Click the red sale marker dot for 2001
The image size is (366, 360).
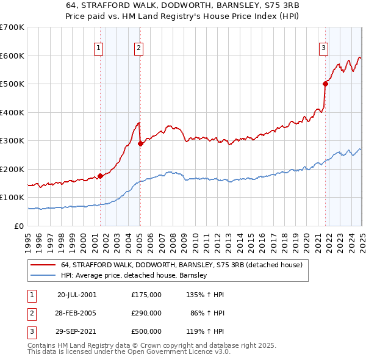click(100, 176)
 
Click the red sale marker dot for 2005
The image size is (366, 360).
click(140, 143)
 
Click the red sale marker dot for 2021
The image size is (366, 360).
click(325, 84)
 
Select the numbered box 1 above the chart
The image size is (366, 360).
click(99, 48)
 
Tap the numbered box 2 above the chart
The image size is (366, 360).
click(139, 48)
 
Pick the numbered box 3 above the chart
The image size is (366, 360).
click(324, 48)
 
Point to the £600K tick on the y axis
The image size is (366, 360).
click(12, 56)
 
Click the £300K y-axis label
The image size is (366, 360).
click(12, 140)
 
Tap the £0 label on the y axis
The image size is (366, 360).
click(18, 226)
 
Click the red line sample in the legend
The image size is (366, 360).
click(43, 265)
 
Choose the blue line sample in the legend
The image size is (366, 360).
click(43, 275)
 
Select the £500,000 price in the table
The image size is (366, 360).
click(146, 331)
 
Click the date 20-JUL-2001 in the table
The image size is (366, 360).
click(77, 295)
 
